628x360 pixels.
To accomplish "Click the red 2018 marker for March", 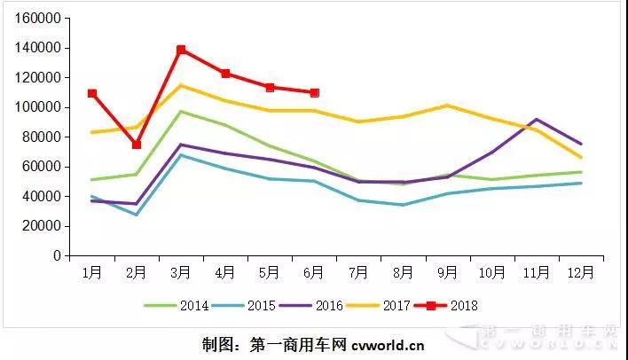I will tap(181, 50).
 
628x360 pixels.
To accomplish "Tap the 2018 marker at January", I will tap(92, 93).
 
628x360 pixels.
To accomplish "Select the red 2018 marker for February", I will tap(137, 145).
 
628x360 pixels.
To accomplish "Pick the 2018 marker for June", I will tap(315, 92).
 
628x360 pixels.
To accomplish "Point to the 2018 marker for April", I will tap(225, 74).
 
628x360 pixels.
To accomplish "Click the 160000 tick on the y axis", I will tap(37, 18).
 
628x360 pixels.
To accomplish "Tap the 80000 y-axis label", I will tap(41, 137).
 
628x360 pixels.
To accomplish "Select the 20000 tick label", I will tap(41, 226).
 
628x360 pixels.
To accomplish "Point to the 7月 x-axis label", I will tap(358, 272).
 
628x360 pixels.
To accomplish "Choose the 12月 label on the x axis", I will tap(580, 272).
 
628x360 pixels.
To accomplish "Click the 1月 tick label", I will tap(92, 272).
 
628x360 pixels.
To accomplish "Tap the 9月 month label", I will tap(447, 272).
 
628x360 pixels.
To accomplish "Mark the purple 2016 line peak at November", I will tap(536, 119).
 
